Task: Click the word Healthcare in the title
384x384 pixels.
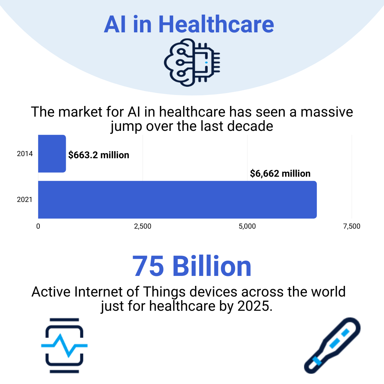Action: (216, 24)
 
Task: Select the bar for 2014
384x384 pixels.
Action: (52, 154)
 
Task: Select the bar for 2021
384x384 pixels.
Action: (177, 199)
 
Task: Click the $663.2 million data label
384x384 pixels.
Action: (99, 155)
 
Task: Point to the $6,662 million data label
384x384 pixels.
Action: (280, 174)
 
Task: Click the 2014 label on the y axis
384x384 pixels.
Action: (25, 154)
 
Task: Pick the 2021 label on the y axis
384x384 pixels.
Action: (25, 200)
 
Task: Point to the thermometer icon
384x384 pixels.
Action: (332, 345)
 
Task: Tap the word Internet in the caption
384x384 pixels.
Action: (94, 292)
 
